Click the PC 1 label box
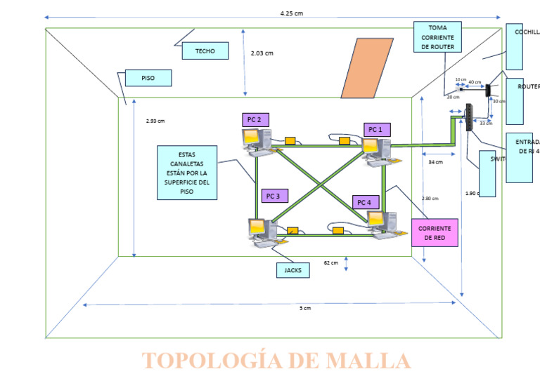[376, 129]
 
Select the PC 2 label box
[255, 120]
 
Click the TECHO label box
[205, 51]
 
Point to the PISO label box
[148, 78]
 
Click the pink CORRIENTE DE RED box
[434, 233]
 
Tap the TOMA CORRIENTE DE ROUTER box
[437, 37]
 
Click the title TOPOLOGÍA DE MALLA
[276, 361]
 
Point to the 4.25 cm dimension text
[290, 13]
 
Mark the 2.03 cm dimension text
[262, 53]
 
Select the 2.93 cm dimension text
[155, 121]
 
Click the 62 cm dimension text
[330, 263]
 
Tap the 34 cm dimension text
[435, 162]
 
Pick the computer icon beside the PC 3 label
[260, 232]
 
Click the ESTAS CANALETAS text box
[186, 173]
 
